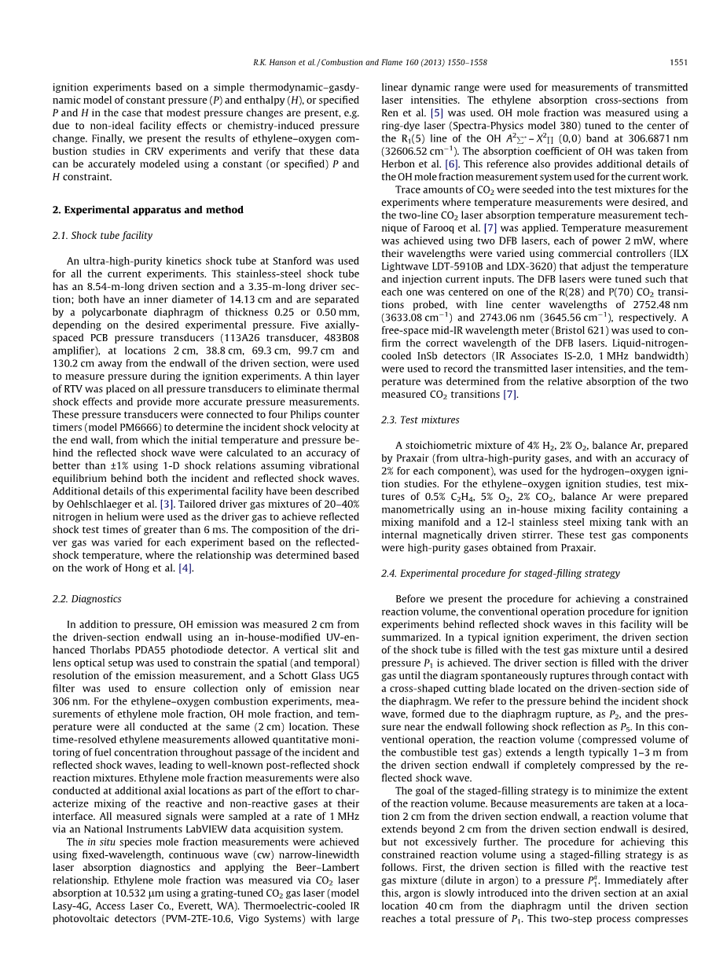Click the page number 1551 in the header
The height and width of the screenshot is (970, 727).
point(679,61)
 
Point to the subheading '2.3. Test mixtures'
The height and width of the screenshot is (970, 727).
point(420,420)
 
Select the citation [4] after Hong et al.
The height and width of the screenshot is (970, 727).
point(185,568)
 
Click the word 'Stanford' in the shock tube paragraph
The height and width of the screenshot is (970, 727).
point(301,261)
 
